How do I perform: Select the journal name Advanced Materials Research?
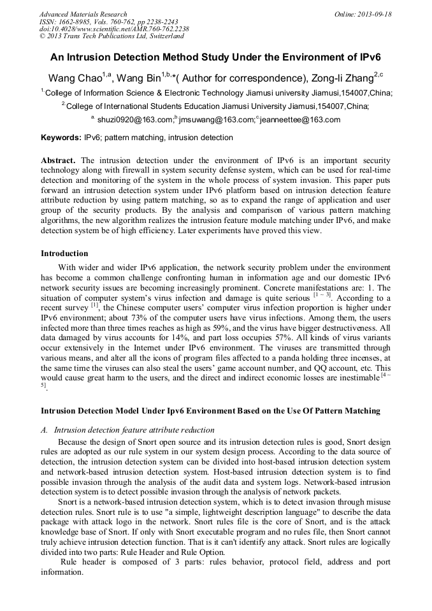pyautogui.click(x=83, y=14)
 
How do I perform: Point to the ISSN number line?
pyautogui.click(x=108, y=22)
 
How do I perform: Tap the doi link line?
pyautogui.click(x=114, y=29)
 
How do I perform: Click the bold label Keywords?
pyautogui.click(x=61, y=138)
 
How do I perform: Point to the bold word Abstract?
pyautogui.click(x=59, y=160)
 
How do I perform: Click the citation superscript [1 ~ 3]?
pyautogui.click(x=320, y=296)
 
